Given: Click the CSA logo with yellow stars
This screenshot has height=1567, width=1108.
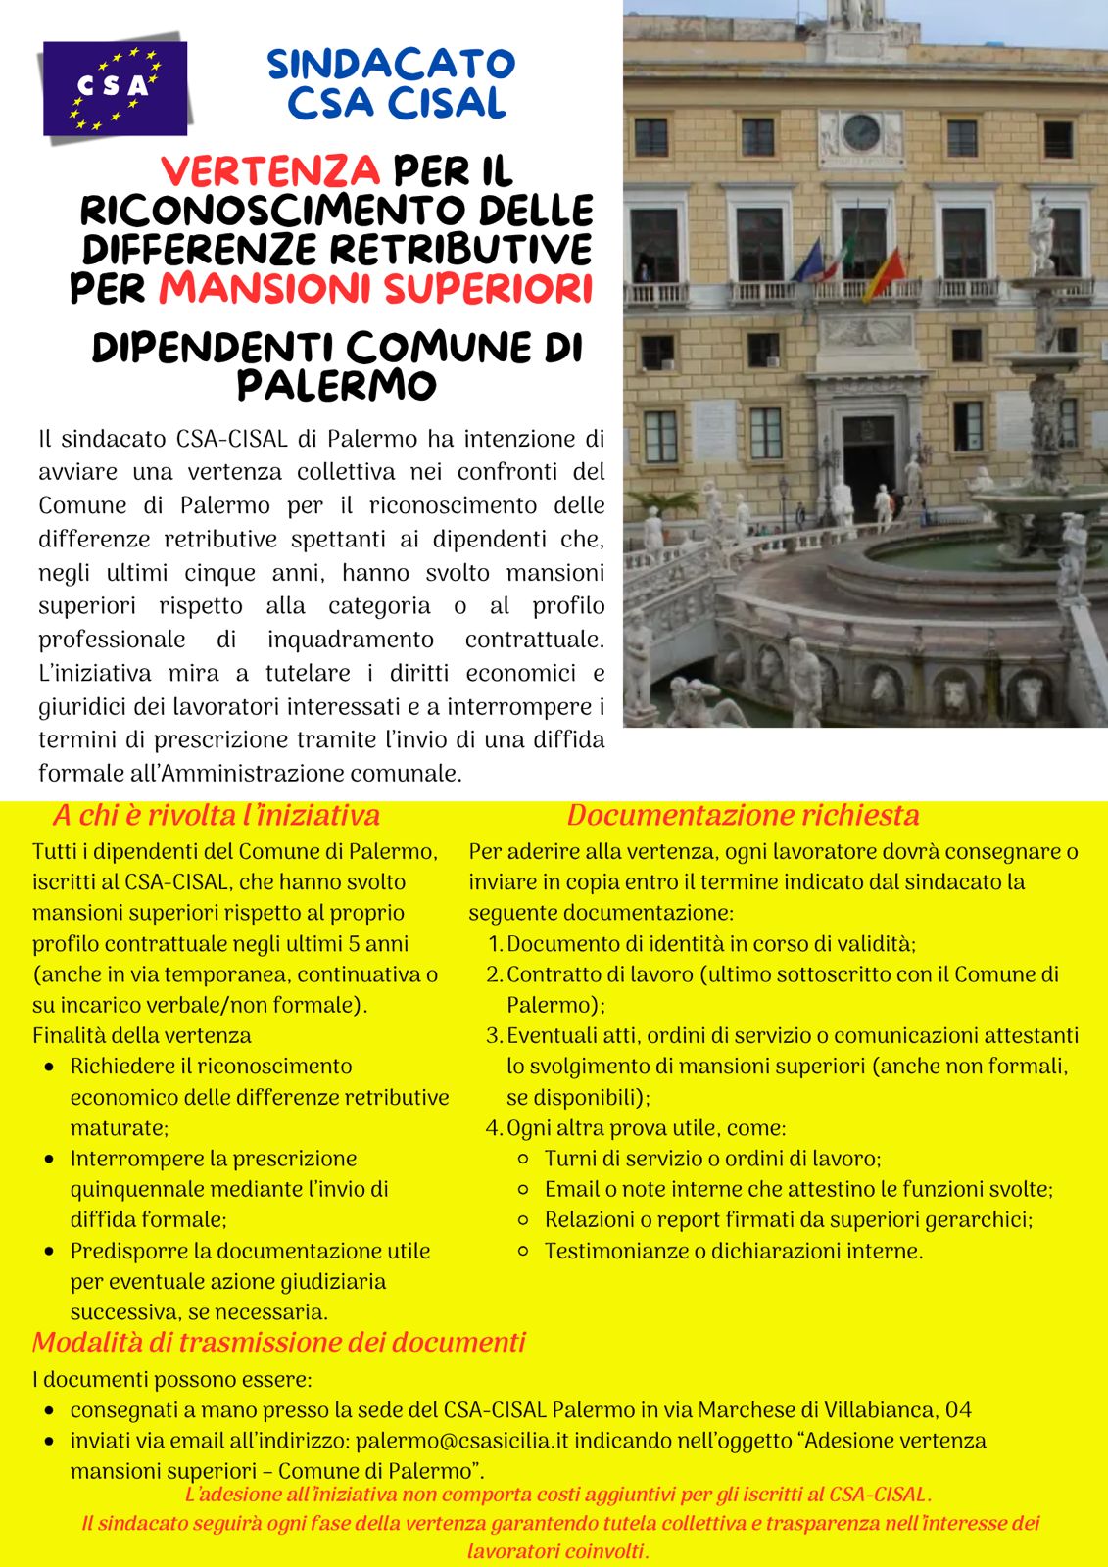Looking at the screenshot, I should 115,88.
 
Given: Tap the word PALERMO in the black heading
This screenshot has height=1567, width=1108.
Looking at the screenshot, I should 336,385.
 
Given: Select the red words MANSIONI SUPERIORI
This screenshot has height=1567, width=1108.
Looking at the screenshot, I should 376,289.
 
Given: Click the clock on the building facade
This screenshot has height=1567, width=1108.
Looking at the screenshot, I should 860,132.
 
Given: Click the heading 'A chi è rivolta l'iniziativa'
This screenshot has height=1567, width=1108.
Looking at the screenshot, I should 216,815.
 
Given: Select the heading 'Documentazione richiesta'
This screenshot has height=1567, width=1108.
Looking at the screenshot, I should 743,815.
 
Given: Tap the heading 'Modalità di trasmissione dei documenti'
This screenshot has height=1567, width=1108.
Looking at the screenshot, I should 279,1342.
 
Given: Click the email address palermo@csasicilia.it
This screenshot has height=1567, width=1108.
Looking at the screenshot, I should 474,1441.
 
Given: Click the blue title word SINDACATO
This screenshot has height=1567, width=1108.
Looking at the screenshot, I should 391,65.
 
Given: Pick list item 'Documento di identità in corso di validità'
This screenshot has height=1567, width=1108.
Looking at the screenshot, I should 711,944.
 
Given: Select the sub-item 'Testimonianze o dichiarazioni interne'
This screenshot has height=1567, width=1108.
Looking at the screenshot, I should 734,1251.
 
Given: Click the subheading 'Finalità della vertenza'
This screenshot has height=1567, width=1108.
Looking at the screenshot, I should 142,1035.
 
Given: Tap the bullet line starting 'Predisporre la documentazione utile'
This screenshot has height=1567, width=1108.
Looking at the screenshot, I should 250,1251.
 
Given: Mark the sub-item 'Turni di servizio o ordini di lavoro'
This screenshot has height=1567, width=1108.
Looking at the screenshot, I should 713,1159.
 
